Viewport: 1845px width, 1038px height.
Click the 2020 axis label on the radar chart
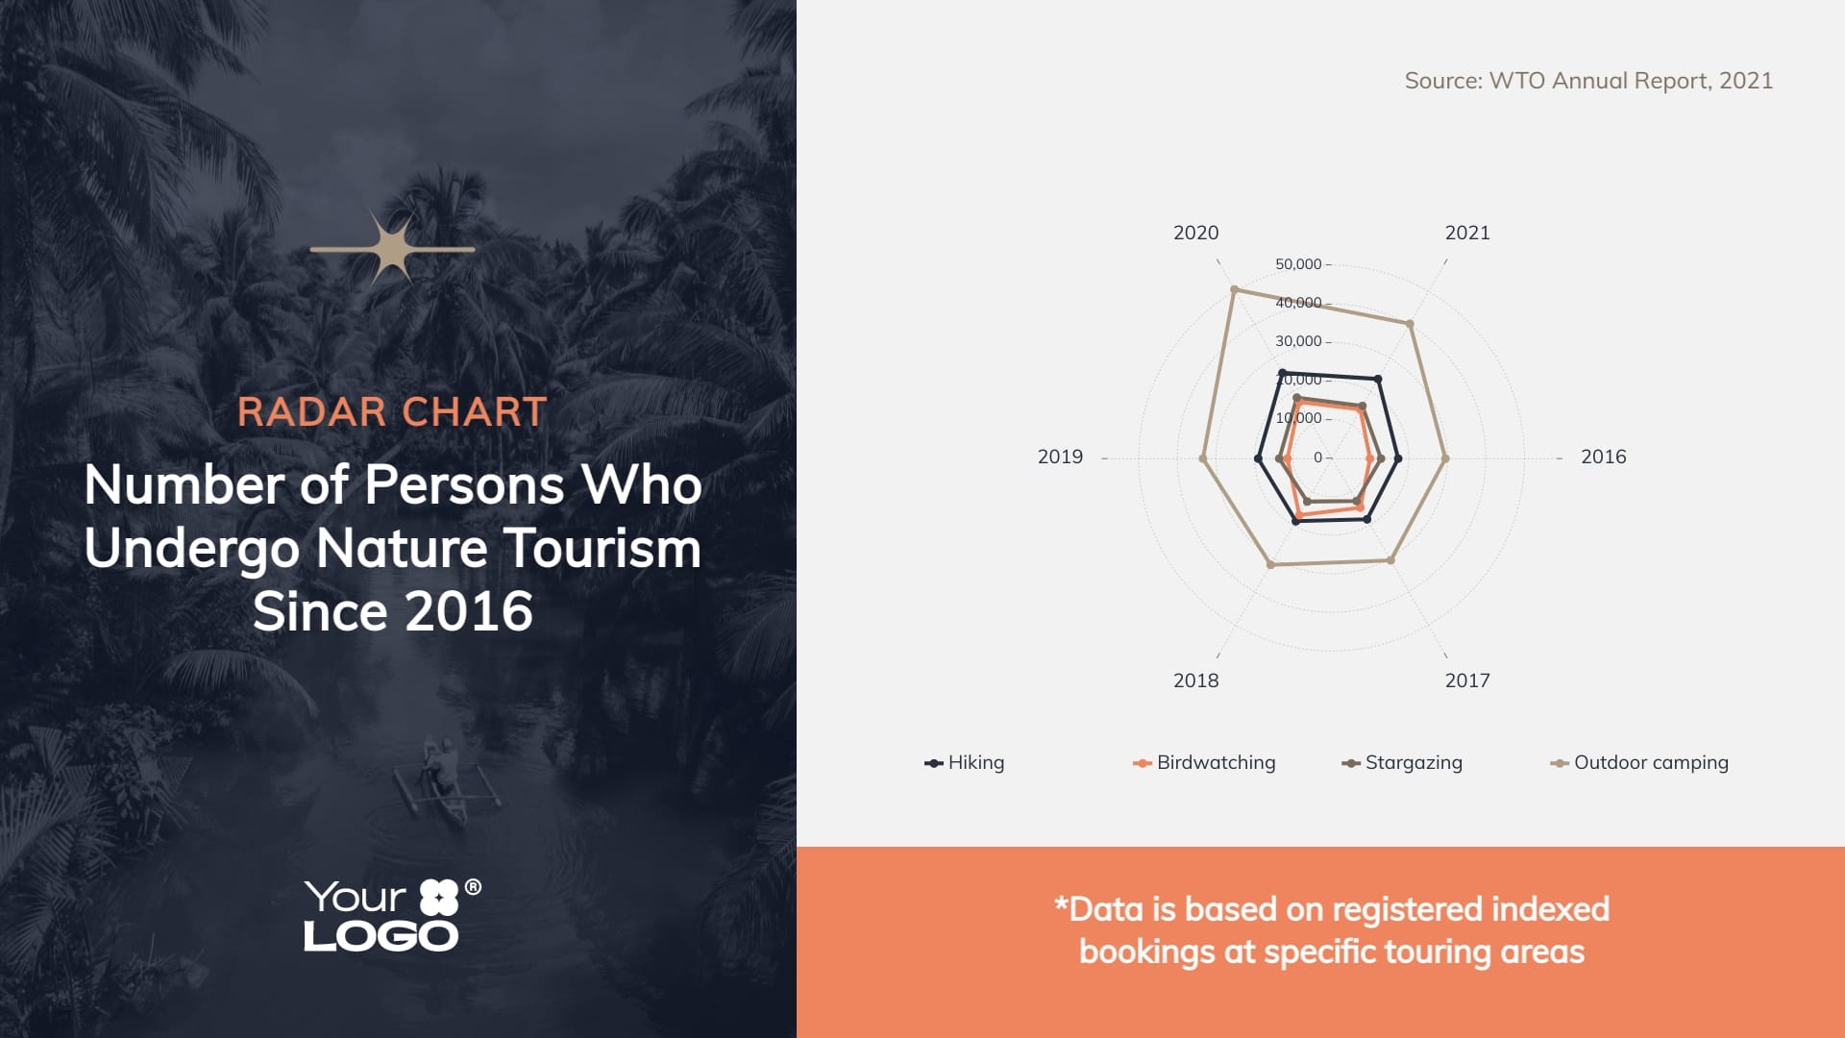click(1195, 233)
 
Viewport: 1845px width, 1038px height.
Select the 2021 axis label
click(1467, 233)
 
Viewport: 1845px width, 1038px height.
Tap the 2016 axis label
click(1604, 457)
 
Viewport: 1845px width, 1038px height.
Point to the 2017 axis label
click(1467, 680)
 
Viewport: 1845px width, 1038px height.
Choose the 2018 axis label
click(1195, 680)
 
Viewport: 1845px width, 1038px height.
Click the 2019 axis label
click(1060, 457)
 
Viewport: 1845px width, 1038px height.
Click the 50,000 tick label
click(1298, 264)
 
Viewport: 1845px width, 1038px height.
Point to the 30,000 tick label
click(1298, 341)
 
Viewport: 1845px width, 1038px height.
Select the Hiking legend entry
click(965, 762)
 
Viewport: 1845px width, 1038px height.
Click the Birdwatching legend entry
click(1204, 762)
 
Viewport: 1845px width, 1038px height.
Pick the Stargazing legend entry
click(1402, 762)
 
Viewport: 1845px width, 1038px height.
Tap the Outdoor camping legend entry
click(1639, 762)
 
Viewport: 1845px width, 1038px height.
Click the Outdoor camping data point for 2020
click(1235, 289)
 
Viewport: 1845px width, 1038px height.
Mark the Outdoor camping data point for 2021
click(1410, 325)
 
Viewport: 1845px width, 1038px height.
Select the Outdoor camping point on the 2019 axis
click(1203, 458)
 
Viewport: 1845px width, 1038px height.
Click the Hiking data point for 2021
click(1379, 380)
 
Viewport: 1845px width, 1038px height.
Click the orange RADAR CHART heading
click(392, 412)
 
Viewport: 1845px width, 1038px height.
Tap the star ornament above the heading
click(392, 249)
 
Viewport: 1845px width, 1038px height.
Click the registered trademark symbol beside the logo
click(473, 887)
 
